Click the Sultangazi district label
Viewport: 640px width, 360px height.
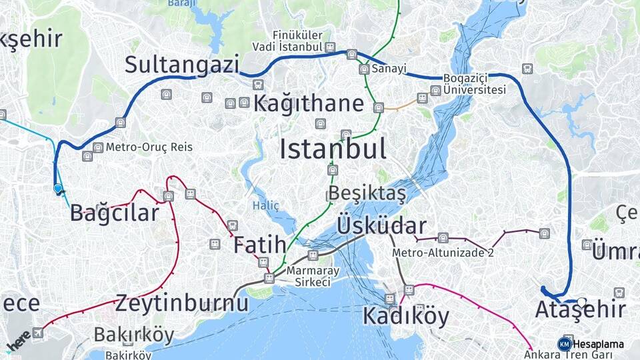tap(181, 65)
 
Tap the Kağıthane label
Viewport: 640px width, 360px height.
tap(309, 104)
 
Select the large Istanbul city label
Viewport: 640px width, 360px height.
tap(333, 149)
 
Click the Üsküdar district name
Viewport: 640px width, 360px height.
tap(382, 225)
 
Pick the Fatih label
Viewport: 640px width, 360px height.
tap(259, 245)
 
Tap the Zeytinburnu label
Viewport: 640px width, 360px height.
tap(182, 304)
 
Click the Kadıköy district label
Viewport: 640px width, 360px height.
tap(406, 316)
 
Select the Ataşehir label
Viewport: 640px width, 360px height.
tap(580, 310)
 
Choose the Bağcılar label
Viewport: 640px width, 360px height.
tap(115, 213)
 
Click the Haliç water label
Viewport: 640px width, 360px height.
tap(266, 206)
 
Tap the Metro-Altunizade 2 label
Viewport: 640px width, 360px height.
tap(443, 253)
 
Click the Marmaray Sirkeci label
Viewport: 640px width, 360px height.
tap(309, 277)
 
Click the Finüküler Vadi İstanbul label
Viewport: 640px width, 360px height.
tap(297, 41)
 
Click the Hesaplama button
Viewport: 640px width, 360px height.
tap(591, 344)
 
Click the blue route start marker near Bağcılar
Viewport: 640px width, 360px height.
tap(58, 189)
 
